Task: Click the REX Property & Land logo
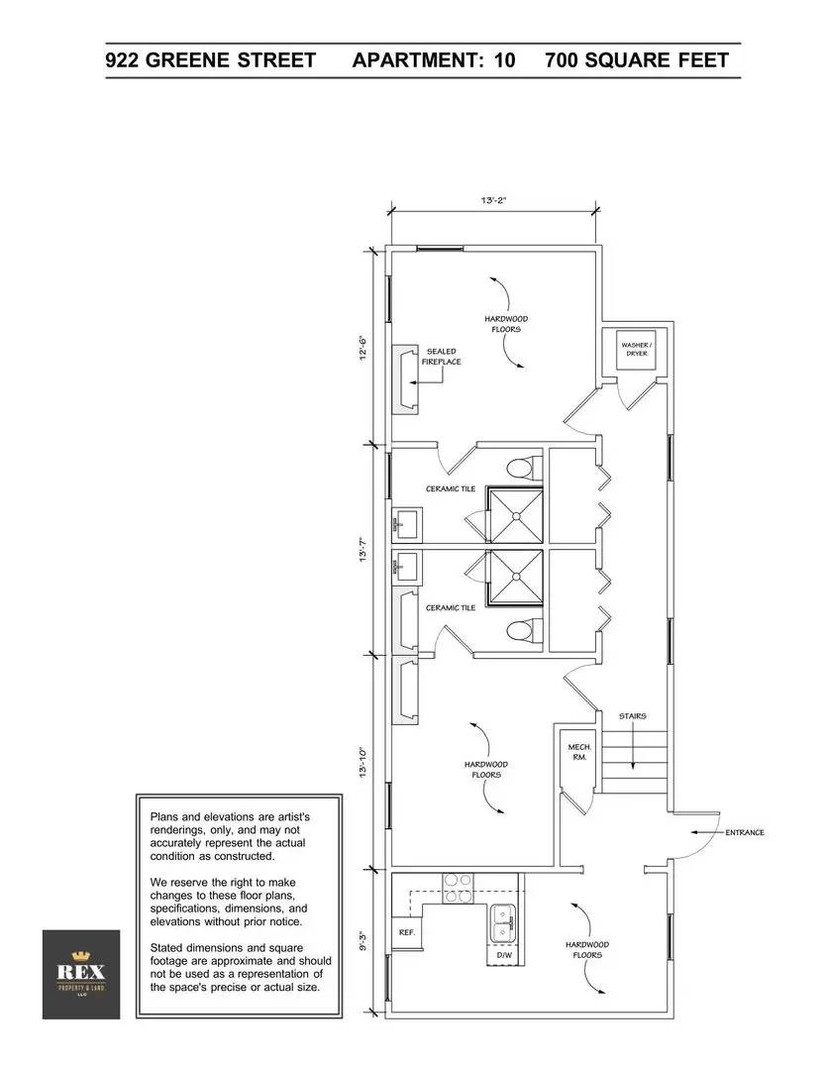point(81,974)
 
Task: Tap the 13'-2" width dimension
point(493,200)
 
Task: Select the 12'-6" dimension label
point(363,348)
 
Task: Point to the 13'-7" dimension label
point(363,549)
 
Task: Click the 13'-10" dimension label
point(363,763)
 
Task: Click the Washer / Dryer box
point(637,350)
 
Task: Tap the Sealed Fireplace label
point(442,357)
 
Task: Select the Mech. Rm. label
point(579,752)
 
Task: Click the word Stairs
point(633,716)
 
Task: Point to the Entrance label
point(745,832)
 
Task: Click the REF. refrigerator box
point(407,933)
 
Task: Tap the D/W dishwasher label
point(504,955)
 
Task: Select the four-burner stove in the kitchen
point(459,889)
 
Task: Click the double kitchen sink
point(503,922)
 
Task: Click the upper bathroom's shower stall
point(515,515)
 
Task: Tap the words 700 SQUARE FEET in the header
point(637,60)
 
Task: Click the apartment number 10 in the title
point(504,60)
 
